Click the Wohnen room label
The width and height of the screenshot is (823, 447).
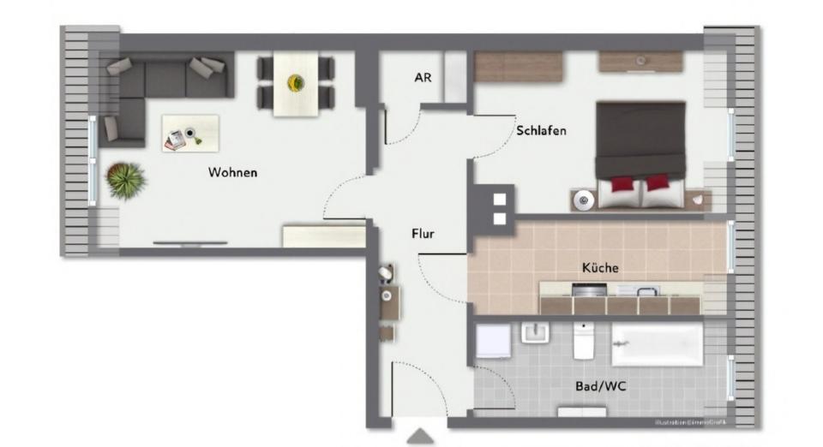point(232,173)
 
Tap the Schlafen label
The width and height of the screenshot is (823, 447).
point(541,131)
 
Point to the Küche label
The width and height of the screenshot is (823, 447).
point(600,268)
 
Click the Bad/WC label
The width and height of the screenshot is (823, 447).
point(600,387)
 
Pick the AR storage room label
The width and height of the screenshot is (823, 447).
point(423,78)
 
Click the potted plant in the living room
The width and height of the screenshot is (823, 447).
point(126,181)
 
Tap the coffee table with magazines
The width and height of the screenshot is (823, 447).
point(189,134)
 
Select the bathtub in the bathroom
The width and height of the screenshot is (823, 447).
point(657,344)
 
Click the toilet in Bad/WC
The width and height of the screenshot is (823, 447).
point(585,342)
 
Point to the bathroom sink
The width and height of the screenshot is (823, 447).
point(534,332)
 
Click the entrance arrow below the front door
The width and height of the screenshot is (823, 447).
point(420,437)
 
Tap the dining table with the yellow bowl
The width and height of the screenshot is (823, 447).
point(296,83)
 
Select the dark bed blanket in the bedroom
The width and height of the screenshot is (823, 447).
point(640,137)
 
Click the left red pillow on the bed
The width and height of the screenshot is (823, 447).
point(622,184)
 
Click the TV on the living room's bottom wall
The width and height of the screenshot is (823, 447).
point(190,243)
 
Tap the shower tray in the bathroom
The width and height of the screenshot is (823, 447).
point(493,340)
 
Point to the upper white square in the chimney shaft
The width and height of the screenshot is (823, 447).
point(500,200)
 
